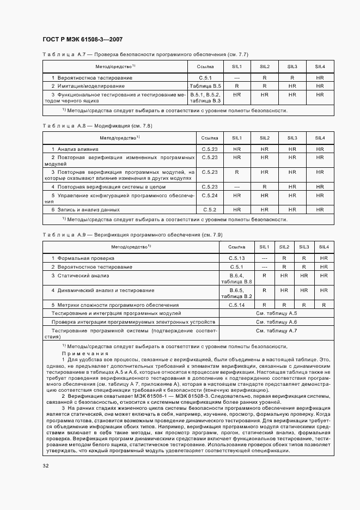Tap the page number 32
point(45,465)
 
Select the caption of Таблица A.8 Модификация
point(97,126)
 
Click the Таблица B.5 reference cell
point(205,86)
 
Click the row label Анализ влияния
point(75,149)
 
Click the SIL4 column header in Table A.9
point(324,246)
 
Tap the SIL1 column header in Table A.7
point(237,66)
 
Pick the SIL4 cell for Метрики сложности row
point(324,305)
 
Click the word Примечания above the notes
point(80,353)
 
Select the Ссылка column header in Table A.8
point(210,138)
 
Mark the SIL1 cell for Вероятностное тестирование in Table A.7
point(237,78)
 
